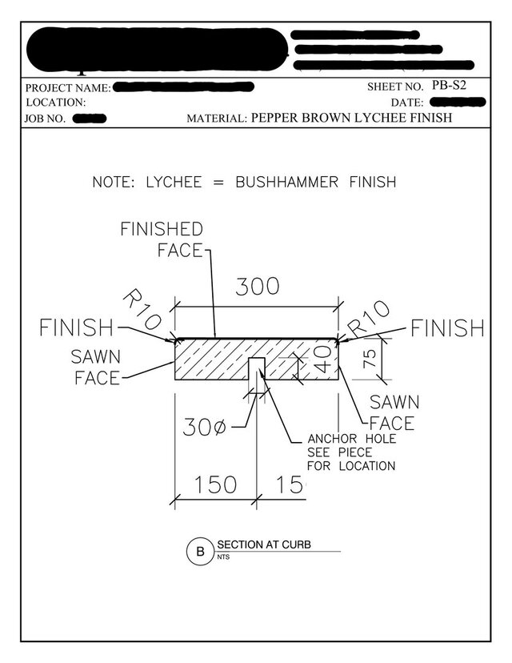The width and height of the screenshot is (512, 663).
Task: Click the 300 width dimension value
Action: click(257, 287)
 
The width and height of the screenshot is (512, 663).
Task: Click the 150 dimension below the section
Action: click(213, 484)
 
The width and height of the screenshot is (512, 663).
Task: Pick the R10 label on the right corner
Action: click(369, 319)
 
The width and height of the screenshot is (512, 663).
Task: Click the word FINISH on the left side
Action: click(78, 328)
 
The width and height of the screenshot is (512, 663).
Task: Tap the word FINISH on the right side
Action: click(447, 328)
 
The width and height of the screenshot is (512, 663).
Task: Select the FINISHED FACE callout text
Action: click(162, 239)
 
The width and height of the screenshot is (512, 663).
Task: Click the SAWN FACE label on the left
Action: click(95, 367)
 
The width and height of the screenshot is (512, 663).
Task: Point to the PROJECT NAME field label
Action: click(68, 86)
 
